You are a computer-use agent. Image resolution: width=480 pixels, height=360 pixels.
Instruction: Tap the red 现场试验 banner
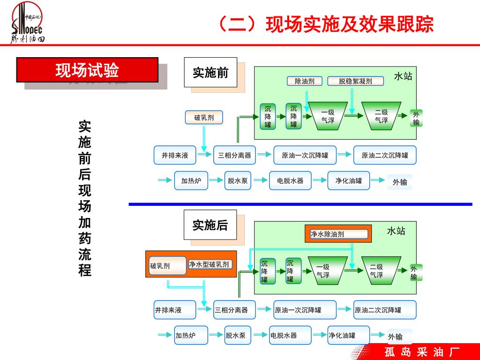(x=88, y=70)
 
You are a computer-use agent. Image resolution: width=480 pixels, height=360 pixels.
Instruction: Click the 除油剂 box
(x=305, y=81)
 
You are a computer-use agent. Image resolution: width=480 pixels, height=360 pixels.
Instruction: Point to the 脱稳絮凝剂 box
(x=355, y=81)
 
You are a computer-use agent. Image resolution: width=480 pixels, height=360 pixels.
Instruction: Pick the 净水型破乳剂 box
(x=210, y=264)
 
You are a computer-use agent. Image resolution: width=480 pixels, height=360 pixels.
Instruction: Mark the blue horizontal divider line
(x=300, y=204)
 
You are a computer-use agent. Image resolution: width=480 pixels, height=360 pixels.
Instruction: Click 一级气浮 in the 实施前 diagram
(x=328, y=116)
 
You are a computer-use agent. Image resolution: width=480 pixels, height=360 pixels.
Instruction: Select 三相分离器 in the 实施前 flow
(x=234, y=155)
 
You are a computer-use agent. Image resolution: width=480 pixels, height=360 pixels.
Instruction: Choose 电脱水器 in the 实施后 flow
(x=290, y=335)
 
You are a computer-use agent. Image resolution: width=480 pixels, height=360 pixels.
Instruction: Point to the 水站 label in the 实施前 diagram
(x=403, y=76)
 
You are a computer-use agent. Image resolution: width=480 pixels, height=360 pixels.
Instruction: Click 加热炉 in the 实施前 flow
(x=191, y=180)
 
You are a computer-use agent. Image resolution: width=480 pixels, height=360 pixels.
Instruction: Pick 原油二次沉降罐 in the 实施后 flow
(x=385, y=310)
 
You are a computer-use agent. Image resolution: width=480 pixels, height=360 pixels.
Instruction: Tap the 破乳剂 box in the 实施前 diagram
(x=204, y=118)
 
